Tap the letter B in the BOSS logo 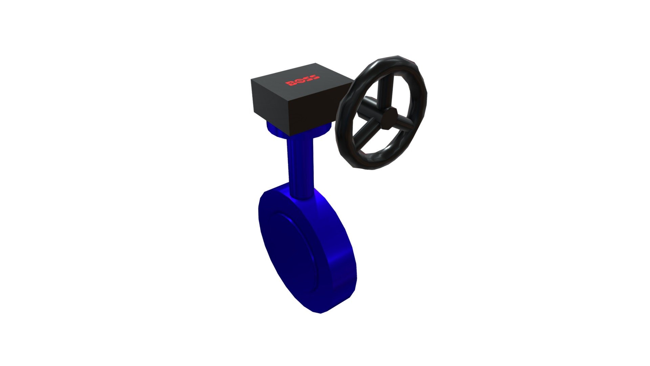pyautogui.click(x=290, y=83)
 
